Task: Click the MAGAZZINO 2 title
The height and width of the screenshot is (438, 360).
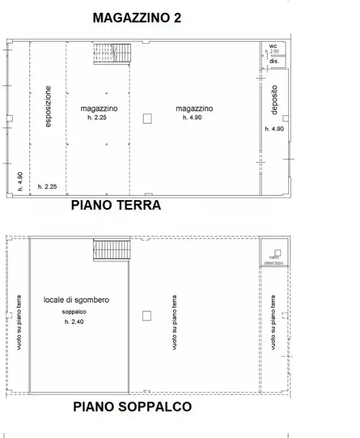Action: (x=137, y=18)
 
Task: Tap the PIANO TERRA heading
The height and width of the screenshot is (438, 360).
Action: (x=116, y=205)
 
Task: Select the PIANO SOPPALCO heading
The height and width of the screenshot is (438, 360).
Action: (x=133, y=407)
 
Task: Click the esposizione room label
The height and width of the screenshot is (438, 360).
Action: (x=48, y=106)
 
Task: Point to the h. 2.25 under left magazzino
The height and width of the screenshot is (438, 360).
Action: (x=97, y=117)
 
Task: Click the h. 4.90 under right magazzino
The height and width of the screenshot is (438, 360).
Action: (x=192, y=117)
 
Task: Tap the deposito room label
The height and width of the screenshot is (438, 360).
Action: (x=274, y=100)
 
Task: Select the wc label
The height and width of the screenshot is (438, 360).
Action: (x=273, y=46)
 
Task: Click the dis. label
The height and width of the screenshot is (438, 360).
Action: (x=274, y=61)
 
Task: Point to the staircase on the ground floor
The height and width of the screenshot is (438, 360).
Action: (x=112, y=54)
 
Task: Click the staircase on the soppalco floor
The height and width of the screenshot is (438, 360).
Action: (x=112, y=249)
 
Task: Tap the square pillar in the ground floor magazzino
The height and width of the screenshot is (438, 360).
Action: (x=147, y=119)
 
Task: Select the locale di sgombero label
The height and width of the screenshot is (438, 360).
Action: (x=76, y=300)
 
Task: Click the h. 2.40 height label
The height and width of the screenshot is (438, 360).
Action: (x=74, y=322)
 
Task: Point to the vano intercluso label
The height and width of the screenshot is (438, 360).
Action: (x=274, y=260)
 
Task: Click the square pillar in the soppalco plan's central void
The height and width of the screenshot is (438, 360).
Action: (x=147, y=316)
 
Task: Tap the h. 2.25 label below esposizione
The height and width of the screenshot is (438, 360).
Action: (x=47, y=187)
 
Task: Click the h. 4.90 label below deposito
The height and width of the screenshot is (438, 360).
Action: (x=274, y=129)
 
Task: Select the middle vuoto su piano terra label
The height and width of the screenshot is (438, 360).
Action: (x=175, y=322)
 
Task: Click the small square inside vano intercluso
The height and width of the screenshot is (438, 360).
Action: (x=278, y=253)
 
